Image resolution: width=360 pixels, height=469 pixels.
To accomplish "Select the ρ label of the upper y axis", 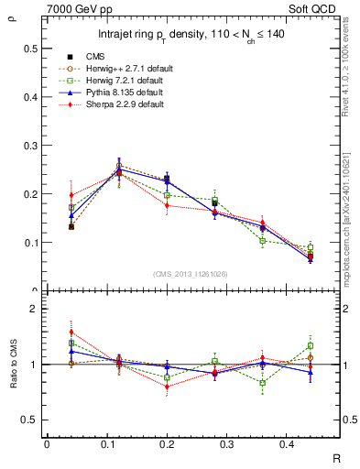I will point(10,13).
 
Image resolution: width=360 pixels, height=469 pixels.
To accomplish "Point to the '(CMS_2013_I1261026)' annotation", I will point(191,274).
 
